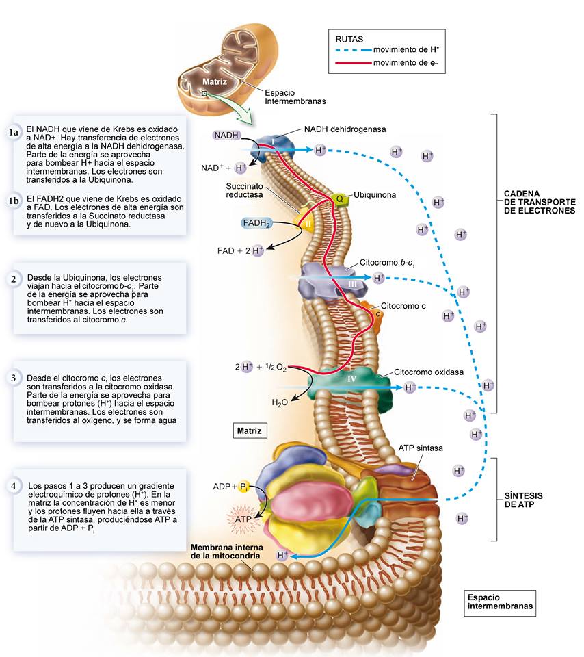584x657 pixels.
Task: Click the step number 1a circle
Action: (14, 132)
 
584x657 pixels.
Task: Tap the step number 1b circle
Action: (14, 201)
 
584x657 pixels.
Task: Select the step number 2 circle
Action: (14, 279)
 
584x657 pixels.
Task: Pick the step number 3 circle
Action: (14, 378)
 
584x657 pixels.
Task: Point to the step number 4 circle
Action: (14, 485)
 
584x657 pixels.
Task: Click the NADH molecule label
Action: (226, 136)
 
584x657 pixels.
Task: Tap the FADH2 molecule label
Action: (257, 223)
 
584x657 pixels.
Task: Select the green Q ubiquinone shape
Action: (339, 198)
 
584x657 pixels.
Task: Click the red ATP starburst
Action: (243, 519)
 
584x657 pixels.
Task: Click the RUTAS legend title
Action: (349, 40)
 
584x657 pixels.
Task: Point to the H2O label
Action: (280, 403)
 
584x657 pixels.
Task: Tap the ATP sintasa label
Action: (421, 448)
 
